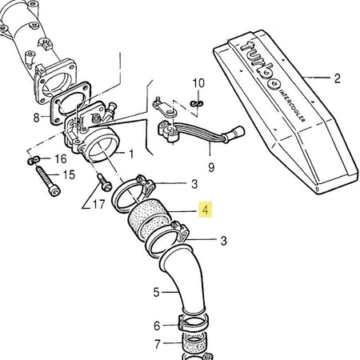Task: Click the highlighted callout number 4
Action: [206, 210]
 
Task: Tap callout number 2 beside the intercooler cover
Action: [337, 78]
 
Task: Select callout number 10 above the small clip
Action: [198, 83]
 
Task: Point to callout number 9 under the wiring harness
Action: [211, 167]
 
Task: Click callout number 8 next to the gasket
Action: [36, 118]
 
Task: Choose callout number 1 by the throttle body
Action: [131, 154]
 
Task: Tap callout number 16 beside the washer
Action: [61, 159]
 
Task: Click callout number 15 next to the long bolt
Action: [69, 175]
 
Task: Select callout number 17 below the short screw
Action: [98, 205]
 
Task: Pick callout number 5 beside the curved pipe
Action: [156, 292]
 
